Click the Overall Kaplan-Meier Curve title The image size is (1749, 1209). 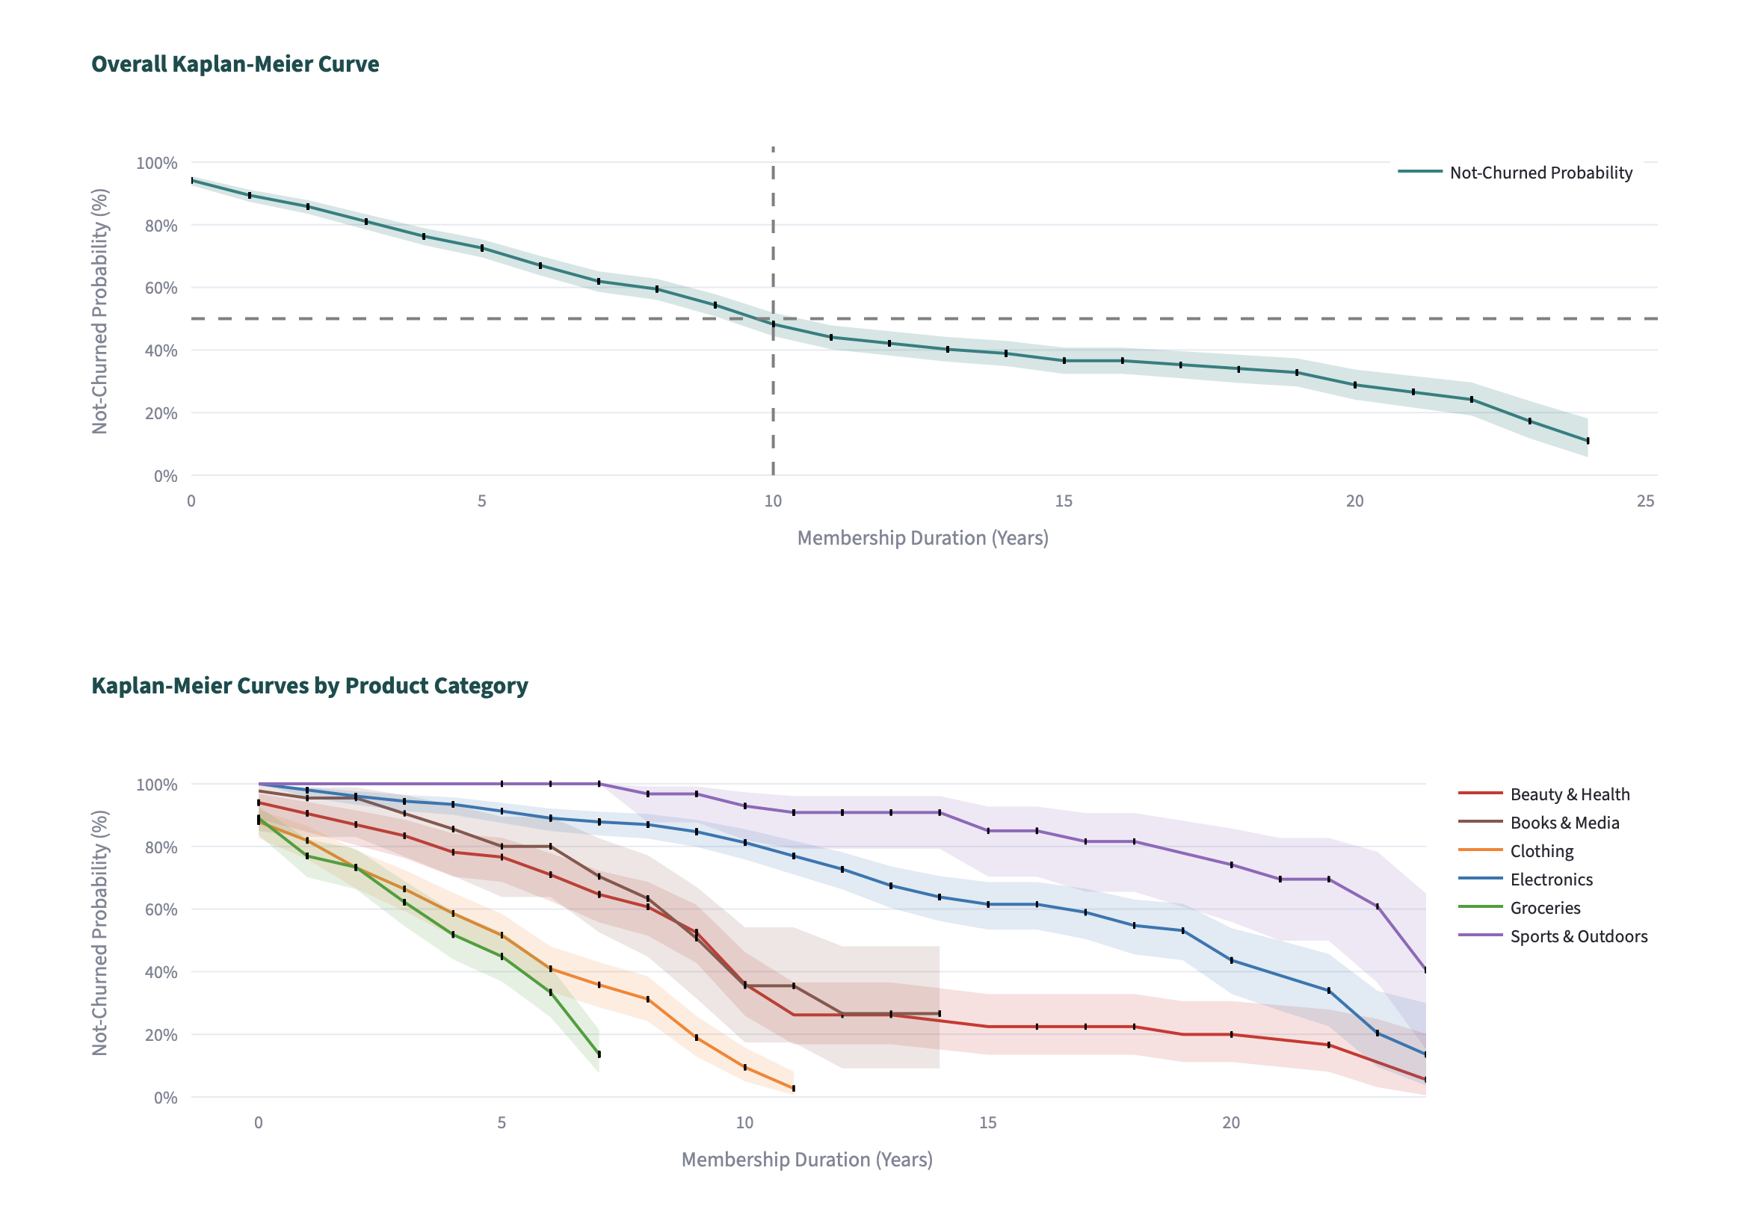[235, 64]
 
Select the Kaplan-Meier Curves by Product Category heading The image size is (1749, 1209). [309, 685]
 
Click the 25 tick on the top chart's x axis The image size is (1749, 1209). [1645, 501]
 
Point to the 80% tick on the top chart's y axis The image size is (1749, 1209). [161, 226]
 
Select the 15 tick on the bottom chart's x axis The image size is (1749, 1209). [987, 1122]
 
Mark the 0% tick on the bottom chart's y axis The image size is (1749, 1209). [165, 1098]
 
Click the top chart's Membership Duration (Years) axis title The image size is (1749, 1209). [922, 538]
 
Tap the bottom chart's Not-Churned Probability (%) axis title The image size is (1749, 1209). [100, 933]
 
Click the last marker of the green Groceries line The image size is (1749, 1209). [599, 1054]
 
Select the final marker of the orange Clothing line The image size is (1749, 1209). [794, 1089]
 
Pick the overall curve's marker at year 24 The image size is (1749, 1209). [1588, 440]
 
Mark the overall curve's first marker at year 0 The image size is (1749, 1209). [192, 180]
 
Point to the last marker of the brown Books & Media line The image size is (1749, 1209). [940, 1012]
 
